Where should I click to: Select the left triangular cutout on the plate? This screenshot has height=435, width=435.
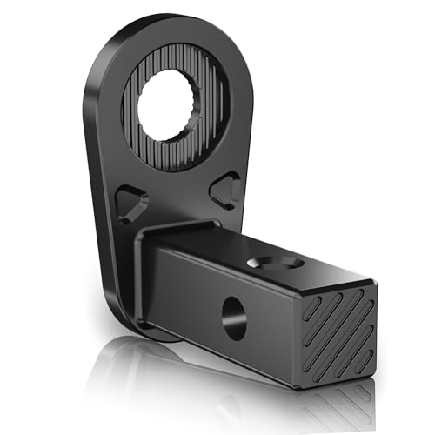coord(132,203)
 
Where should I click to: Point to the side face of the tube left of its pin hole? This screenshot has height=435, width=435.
coord(187,287)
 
